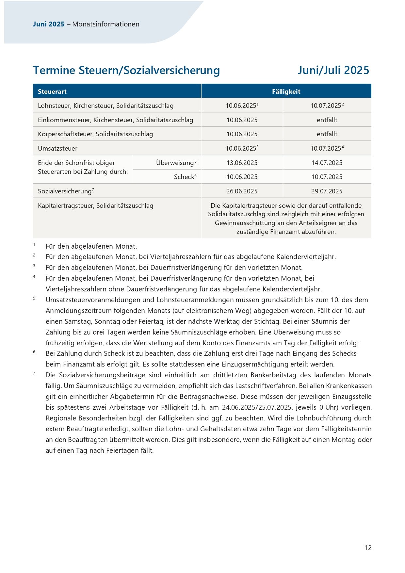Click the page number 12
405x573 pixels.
(x=368, y=548)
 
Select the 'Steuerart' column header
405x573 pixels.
(x=52, y=91)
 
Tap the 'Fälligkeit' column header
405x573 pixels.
(x=286, y=91)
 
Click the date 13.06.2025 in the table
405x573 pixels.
(x=242, y=163)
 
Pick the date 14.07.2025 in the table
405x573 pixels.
(x=327, y=163)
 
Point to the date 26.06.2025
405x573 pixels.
(x=242, y=191)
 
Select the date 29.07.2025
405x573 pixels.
(x=327, y=191)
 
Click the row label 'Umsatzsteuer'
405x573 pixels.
(x=57, y=148)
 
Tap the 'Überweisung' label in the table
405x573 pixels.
(x=175, y=163)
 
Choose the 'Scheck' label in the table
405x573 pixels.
(x=184, y=177)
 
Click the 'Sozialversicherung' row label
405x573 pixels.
(x=65, y=191)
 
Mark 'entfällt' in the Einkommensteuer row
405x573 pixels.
(x=327, y=120)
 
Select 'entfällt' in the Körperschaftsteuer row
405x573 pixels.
(x=327, y=134)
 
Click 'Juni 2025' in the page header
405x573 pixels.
(x=49, y=24)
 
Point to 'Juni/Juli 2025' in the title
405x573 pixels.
(x=333, y=70)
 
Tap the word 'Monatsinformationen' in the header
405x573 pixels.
(x=106, y=24)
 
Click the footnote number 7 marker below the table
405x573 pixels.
(x=34, y=373)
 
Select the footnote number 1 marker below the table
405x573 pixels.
(x=34, y=244)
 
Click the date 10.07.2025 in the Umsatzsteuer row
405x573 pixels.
(x=326, y=148)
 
